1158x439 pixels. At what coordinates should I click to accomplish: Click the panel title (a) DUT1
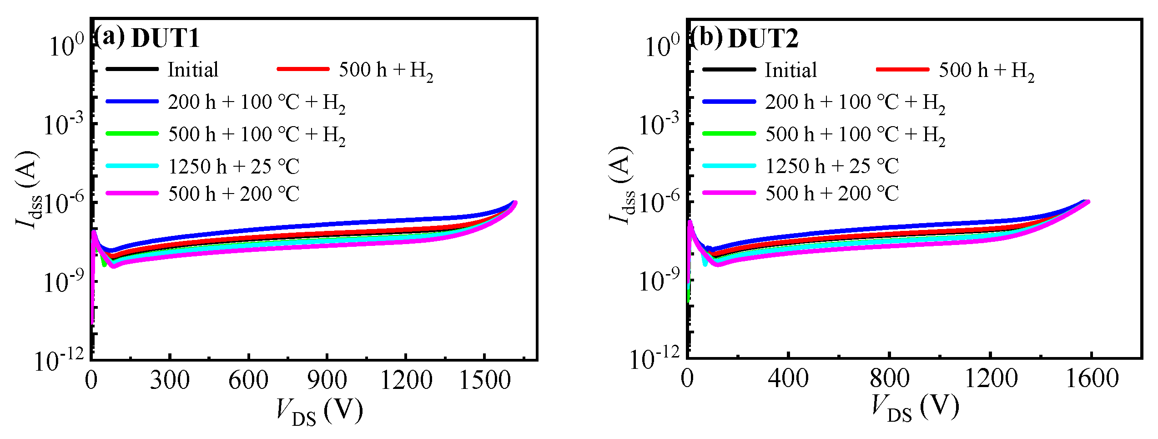tap(146, 37)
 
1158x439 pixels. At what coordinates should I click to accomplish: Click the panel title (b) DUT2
tap(744, 37)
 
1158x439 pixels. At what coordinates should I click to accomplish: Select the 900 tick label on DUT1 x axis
tap(327, 380)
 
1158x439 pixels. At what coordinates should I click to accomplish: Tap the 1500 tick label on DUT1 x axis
tap(485, 380)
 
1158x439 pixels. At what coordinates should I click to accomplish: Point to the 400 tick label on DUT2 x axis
tap(788, 379)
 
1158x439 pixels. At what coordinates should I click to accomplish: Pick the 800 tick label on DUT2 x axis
tap(889, 379)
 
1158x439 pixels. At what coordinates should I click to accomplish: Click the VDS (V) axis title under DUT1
tap(319, 411)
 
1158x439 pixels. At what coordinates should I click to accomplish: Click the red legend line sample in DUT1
tap(303, 69)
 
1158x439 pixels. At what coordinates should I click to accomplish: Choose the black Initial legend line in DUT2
tap(729, 70)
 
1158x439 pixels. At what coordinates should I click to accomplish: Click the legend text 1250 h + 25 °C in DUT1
tap(234, 167)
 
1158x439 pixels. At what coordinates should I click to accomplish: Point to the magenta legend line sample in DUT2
tap(729, 193)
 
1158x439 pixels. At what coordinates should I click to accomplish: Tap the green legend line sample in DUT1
tap(132, 133)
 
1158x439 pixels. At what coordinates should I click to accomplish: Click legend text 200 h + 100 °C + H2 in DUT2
tap(855, 102)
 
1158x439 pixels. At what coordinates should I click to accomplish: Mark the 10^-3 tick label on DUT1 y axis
tap(64, 124)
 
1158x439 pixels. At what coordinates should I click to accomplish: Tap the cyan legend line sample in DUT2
tap(729, 166)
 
